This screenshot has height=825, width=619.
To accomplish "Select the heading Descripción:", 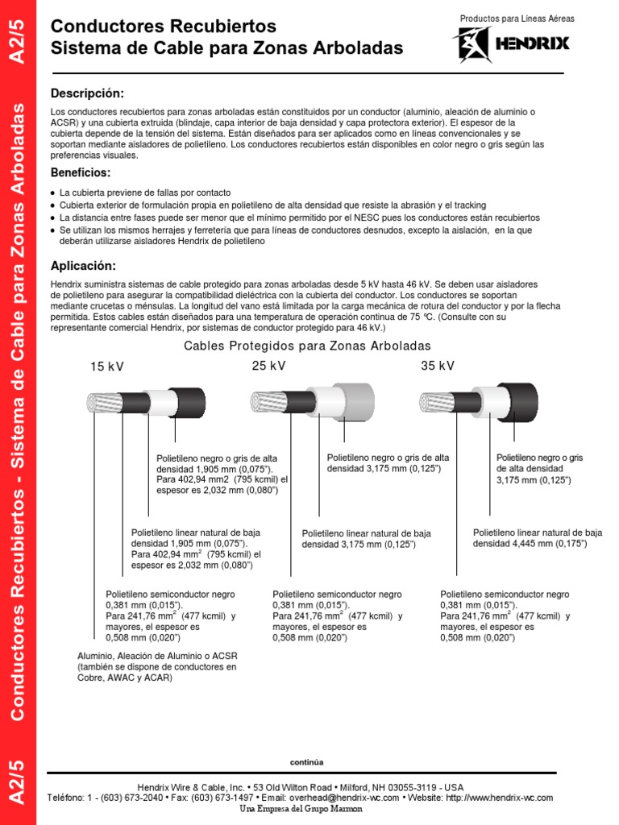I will (87, 93).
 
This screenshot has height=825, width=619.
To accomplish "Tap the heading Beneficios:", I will (81, 173).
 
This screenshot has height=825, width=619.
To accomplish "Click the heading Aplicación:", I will (83, 266).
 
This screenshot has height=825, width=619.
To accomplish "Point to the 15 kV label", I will (107, 367).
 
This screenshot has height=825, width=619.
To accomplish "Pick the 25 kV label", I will (269, 366).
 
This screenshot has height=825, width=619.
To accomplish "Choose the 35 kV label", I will (438, 366).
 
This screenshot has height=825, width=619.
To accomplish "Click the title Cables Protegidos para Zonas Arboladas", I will (307, 346).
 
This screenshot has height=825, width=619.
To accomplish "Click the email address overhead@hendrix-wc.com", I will (346, 798).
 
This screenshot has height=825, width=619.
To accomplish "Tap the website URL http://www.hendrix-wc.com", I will (499, 798).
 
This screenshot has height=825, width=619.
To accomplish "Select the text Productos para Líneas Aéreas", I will (514, 19).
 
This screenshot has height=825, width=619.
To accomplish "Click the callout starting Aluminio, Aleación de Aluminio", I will (157, 667).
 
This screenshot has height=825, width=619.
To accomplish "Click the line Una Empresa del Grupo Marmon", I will (302, 809).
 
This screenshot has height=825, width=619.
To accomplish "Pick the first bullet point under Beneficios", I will (145, 193).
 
